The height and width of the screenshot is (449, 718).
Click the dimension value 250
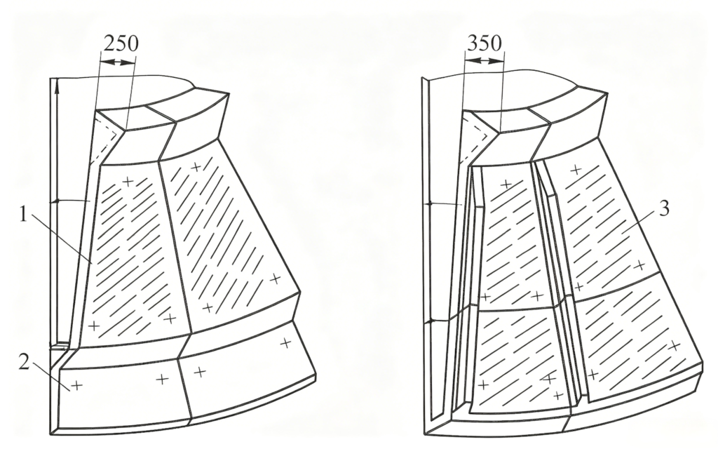point(121,43)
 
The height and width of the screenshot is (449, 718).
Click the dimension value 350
point(485,43)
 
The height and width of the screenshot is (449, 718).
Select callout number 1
point(23,214)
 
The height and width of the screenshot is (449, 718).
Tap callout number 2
point(25,363)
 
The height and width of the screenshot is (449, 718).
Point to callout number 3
point(664,208)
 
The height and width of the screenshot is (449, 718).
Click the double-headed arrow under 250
point(118,62)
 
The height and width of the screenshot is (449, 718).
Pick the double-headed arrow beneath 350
point(484,60)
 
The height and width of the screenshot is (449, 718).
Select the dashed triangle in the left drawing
point(104,139)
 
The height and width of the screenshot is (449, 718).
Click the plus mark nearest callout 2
point(76,385)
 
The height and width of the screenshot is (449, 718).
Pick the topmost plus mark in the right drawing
point(576,170)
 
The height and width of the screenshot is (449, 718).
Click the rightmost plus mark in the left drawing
point(286,342)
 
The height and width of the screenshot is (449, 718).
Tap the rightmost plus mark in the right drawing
point(674,346)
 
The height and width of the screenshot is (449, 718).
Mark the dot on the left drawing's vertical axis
point(57,201)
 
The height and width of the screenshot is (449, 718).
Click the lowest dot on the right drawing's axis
point(429,321)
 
